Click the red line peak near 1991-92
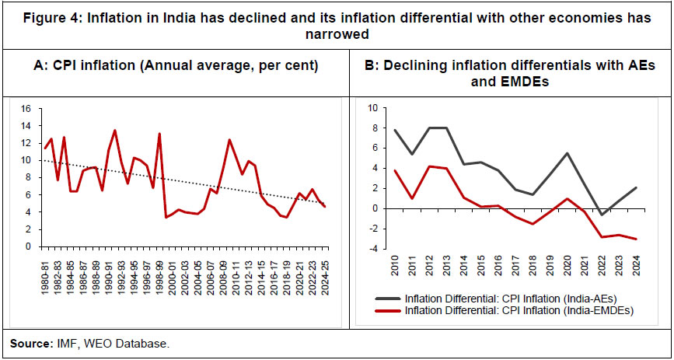point(115,131)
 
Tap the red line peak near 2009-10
point(229,140)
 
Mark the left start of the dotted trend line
point(44,160)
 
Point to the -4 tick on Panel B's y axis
point(373,249)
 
